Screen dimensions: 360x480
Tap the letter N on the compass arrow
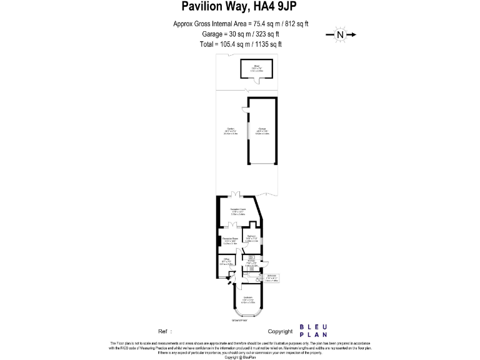[341, 35]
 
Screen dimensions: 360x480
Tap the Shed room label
[257, 66]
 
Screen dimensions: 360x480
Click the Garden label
[231, 129]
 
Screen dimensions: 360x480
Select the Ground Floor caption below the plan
[240, 321]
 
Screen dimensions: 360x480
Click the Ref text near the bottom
[164, 331]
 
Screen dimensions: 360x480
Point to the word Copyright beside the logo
[280, 331]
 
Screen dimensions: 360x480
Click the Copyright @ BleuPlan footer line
[240, 357]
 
